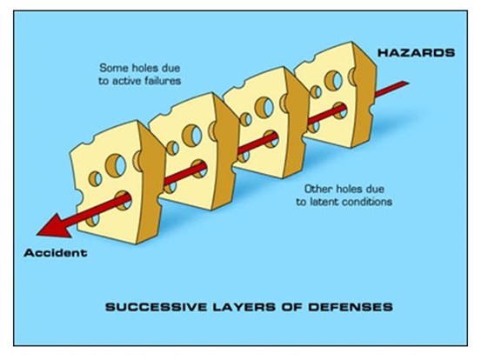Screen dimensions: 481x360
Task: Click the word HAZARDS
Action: tap(416, 53)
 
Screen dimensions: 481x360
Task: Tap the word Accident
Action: tap(56, 253)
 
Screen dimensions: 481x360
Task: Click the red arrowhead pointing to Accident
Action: tap(55, 226)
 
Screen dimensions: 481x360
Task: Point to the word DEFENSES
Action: tap(351, 307)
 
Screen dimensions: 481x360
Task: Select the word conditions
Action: tap(367, 202)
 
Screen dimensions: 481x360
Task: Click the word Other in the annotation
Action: tap(318, 189)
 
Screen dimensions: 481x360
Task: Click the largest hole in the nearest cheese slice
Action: tap(116, 165)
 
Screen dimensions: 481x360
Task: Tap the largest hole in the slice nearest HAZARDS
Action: tap(333, 80)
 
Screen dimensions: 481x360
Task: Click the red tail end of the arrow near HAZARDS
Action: tap(405, 83)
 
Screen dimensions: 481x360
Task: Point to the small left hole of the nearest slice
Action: tap(95, 179)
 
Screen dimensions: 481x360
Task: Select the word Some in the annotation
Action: tap(110, 68)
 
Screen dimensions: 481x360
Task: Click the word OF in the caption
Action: tap(291, 307)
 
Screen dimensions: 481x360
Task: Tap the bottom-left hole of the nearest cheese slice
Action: tap(93, 220)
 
